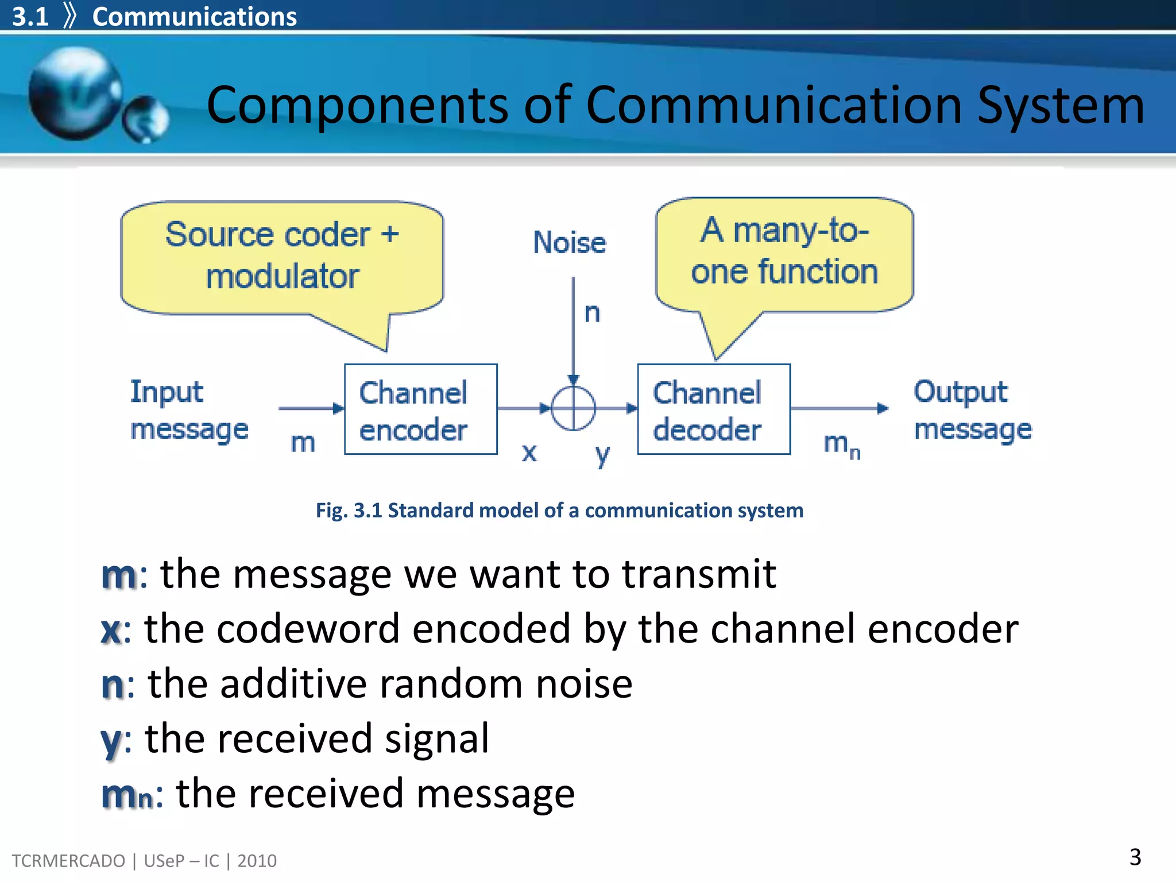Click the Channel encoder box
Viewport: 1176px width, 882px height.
(x=420, y=409)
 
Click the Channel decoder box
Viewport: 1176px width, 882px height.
(x=714, y=409)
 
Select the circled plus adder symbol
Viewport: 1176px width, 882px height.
(x=573, y=408)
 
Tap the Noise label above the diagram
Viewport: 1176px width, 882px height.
(x=569, y=242)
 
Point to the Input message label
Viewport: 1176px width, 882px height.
(x=189, y=410)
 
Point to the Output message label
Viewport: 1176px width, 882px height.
(x=972, y=410)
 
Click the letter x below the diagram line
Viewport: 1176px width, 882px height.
(x=529, y=452)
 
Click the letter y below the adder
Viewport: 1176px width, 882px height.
(x=602, y=454)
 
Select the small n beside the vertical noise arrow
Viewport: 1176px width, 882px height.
(x=592, y=314)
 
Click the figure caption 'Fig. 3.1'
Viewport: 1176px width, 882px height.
(x=348, y=510)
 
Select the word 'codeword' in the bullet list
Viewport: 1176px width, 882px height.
(x=308, y=629)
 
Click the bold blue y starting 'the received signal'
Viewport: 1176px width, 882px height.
(x=110, y=741)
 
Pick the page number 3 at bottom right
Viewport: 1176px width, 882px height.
(x=1135, y=857)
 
